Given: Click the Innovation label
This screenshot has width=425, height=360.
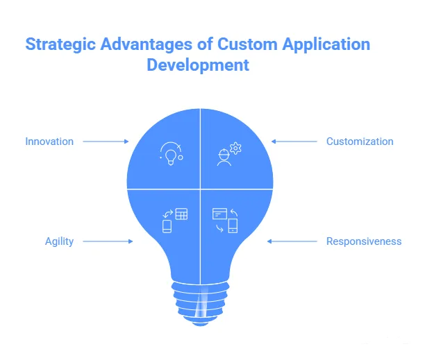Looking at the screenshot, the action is [x=49, y=142].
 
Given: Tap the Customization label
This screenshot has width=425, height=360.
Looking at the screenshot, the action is [x=360, y=142].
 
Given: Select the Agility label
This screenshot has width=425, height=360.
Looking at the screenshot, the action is [x=59, y=241].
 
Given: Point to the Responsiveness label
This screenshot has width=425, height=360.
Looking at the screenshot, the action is [x=364, y=241].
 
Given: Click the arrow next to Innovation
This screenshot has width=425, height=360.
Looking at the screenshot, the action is [x=106, y=142].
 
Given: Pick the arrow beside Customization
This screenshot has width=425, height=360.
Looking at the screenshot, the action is [x=294, y=142].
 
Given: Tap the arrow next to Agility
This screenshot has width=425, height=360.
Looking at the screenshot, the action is [x=108, y=241].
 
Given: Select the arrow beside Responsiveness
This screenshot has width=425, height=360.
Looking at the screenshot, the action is [x=292, y=241].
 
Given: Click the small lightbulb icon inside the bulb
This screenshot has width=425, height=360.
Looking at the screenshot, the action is [x=171, y=157].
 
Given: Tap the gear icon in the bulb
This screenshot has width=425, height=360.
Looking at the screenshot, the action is [x=235, y=148].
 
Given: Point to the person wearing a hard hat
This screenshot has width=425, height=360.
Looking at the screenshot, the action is [x=224, y=157].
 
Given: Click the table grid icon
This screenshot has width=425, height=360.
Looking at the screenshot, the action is [x=181, y=214].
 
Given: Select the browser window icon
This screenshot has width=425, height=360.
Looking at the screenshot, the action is [x=219, y=214].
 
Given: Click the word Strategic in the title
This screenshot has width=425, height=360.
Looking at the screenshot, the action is [x=60, y=44].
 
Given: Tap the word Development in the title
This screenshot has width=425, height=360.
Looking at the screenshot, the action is [x=198, y=65].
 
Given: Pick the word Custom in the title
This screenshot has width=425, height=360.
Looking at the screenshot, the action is [x=247, y=44].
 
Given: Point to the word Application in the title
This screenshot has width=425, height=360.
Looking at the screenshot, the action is [x=326, y=44].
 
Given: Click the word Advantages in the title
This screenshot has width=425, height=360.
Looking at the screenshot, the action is [x=147, y=44].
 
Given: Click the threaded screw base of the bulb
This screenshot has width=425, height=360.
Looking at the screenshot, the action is [x=200, y=304].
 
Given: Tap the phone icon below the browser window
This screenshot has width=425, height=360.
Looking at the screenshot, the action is [x=233, y=225].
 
